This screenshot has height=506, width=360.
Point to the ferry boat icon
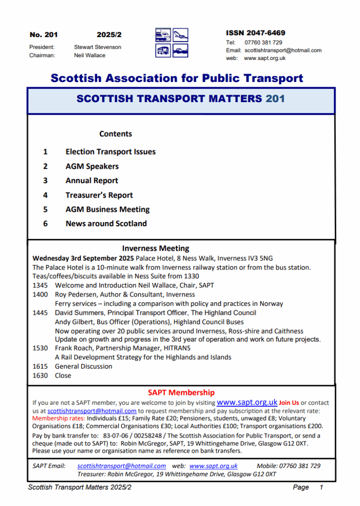pyautogui.click(x=180, y=50)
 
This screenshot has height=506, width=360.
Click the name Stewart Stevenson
pyautogui.click(x=97, y=47)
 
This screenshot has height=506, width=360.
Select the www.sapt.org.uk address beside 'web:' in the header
pyautogui.click(x=264, y=59)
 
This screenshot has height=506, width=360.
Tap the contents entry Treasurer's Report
pyautogui.click(x=99, y=195)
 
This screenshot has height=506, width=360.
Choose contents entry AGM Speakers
pyautogui.click(x=92, y=166)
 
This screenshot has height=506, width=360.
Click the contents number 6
pyautogui.click(x=45, y=224)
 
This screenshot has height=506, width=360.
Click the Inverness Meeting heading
pyautogui.click(x=156, y=248)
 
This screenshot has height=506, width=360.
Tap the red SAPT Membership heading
pyautogui.click(x=181, y=393)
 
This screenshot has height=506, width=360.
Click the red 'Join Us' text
pyautogui.click(x=289, y=403)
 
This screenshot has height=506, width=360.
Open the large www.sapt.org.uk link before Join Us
pyautogui.click(x=247, y=402)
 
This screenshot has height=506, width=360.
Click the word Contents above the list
pyautogui.click(x=116, y=134)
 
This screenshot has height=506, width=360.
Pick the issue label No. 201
pyautogui.click(x=44, y=35)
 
